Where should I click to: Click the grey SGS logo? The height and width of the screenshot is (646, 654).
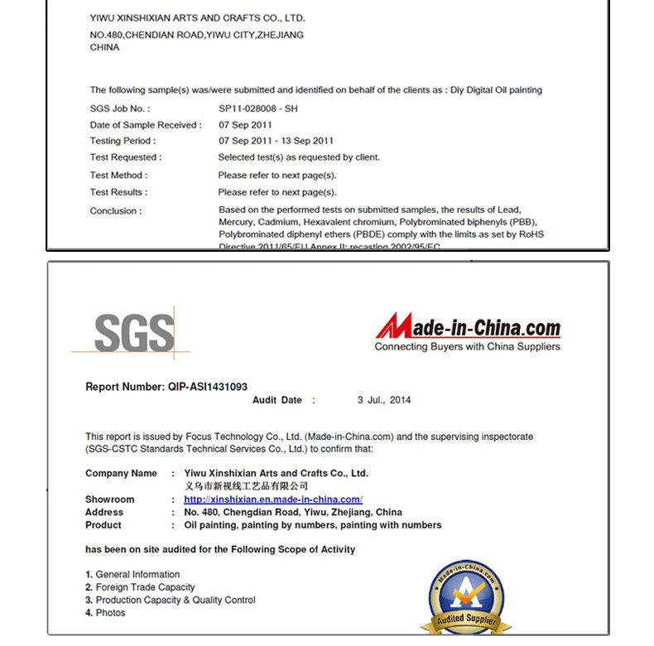[133, 332]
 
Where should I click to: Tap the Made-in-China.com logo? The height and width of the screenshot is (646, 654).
[469, 328]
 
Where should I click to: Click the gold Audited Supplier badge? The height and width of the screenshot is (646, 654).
[466, 595]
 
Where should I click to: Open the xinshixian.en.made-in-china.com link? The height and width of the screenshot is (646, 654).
[272, 499]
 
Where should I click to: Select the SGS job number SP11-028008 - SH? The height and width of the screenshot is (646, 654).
[258, 108]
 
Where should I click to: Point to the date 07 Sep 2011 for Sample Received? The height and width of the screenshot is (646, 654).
[245, 125]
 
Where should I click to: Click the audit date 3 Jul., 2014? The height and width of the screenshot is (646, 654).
[384, 400]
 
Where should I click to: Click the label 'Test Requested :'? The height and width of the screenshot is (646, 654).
[126, 157]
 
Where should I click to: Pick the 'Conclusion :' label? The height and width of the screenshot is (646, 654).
[116, 211]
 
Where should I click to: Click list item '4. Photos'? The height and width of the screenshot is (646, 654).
[105, 613]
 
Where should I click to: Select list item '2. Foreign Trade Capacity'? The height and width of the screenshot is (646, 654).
[140, 587]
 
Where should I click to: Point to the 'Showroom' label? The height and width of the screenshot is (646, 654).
[109, 499]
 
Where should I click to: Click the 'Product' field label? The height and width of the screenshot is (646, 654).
[103, 525]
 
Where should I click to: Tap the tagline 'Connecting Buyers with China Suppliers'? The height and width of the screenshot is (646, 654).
[467, 347]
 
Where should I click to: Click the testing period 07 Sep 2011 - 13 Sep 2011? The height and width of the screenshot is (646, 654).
[276, 141]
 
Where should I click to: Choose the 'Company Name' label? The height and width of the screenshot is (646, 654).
[121, 474]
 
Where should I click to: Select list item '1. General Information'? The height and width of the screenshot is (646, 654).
[132, 574]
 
